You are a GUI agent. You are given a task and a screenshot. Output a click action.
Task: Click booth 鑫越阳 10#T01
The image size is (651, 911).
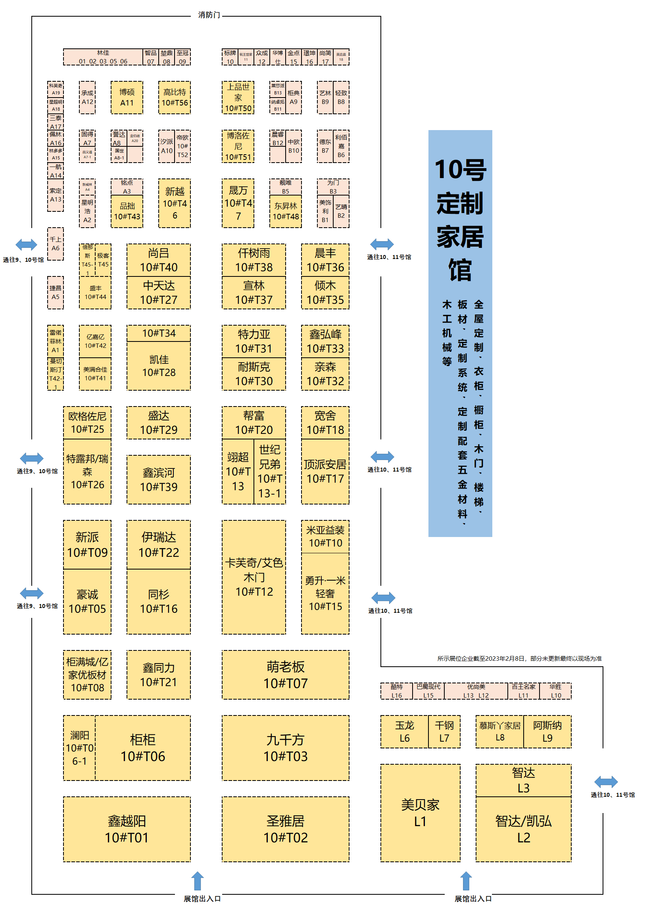pos(127,829)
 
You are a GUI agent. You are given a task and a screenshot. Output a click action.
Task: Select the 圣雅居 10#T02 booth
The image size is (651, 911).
pos(285,829)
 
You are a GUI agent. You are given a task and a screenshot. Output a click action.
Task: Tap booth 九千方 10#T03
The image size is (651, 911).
pos(285,748)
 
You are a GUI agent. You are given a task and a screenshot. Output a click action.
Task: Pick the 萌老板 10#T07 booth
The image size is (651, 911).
pos(285,675)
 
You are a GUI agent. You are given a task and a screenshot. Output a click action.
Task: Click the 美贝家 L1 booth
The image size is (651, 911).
pos(420,812)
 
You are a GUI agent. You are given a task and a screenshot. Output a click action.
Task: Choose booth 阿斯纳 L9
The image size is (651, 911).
pos(547,731)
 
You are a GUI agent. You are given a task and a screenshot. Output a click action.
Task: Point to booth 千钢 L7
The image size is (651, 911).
pos(444,731)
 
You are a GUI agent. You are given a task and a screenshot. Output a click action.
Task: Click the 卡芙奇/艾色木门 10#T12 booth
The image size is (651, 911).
pos(254,577)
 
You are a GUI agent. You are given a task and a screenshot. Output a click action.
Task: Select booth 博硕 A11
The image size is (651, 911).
pos(127,98)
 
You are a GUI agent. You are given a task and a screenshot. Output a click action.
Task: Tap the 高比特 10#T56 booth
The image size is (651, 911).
pos(175,98)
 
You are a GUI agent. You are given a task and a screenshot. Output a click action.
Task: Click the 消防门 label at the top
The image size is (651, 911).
pos(209,15)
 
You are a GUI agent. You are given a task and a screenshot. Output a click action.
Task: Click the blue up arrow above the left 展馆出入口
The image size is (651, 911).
pos(197,881)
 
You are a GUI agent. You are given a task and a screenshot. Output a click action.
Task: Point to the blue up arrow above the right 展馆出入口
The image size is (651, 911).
pos(465,881)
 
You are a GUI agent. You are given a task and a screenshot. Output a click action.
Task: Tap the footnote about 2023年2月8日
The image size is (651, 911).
pos(519,658)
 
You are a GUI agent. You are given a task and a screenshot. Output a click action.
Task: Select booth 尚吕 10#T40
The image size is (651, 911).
pos(159,260)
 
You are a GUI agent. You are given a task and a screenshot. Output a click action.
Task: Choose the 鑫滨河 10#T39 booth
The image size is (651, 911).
pos(159,479)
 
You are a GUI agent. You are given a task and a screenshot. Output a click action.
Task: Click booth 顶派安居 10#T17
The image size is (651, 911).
pos(325,471)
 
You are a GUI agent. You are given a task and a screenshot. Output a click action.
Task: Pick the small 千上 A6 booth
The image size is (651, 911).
pos(55,244)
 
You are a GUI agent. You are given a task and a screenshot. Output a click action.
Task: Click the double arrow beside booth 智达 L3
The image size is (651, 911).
pos(606,782)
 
